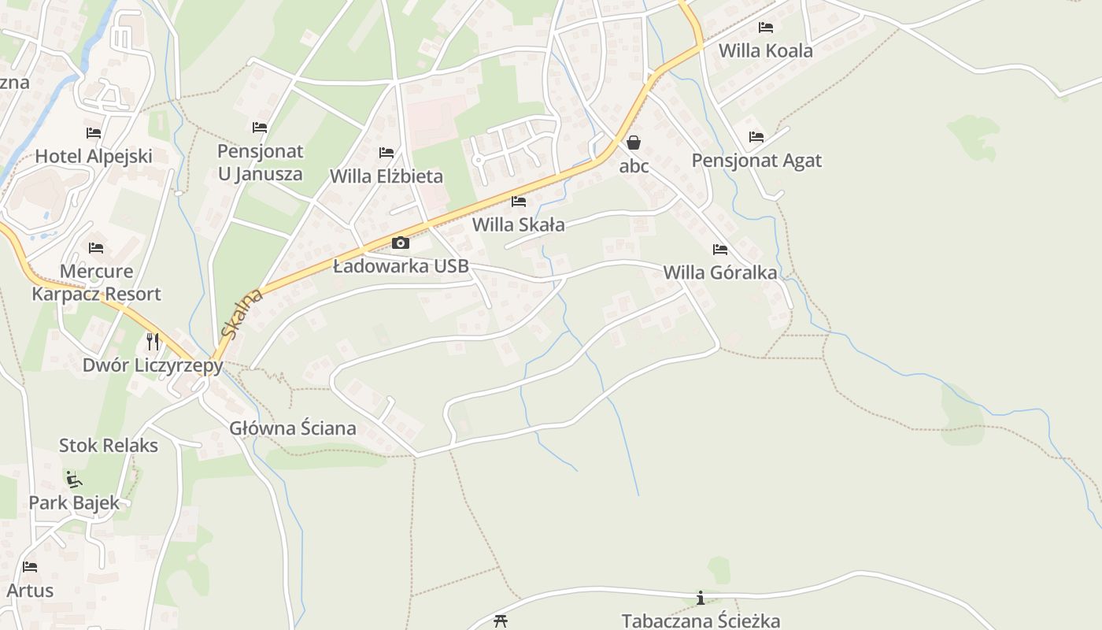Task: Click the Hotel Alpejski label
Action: [94, 156]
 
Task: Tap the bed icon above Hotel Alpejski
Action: [94, 133]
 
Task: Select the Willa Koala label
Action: [765, 50]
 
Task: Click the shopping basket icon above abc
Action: [634, 143]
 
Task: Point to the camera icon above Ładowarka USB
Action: [401, 243]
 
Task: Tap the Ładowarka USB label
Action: [401, 266]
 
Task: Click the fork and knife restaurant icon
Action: [153, 341]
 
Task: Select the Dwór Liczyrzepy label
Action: [153, 365]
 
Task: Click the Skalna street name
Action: [242, 313]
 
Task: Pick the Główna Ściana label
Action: [293, 428]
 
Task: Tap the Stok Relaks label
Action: [109, 445]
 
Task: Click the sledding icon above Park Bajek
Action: [74, 479]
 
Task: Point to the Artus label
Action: [30, 590]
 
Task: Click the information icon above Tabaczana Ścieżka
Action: [701, 598]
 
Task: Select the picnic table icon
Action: [501, 621]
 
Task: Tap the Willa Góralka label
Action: [720, 272]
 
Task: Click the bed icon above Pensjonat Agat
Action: [756, 137]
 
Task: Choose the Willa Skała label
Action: [518, 224]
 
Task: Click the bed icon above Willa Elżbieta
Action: [386, 153]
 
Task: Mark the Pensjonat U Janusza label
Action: [260, 162]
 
